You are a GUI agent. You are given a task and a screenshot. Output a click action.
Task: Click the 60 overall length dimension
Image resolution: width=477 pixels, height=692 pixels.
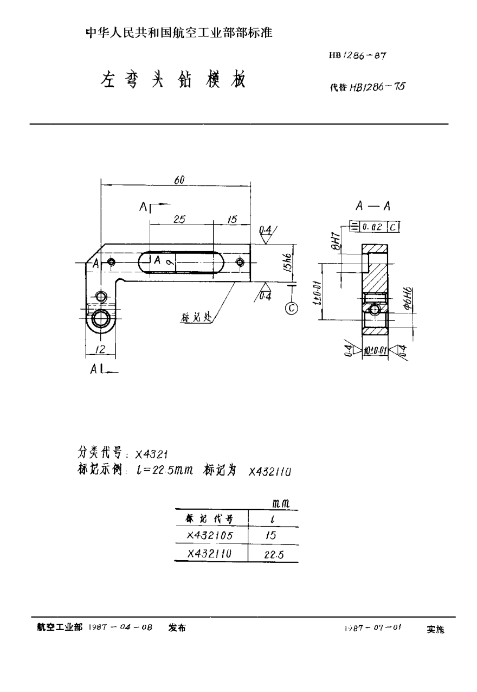pos(178,181)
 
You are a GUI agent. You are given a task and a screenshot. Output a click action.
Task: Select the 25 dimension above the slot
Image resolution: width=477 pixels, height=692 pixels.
pos(180,219)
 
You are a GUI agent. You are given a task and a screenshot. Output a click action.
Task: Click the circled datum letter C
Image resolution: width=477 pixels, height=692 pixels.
pos(292,308)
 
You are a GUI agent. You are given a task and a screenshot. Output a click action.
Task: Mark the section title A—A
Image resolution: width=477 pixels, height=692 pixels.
pos(373,206)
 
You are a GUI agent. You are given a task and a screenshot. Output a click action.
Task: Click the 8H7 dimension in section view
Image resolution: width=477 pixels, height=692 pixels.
pos(336,239)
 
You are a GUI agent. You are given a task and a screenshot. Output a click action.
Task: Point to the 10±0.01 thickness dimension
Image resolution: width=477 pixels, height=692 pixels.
pos(374,351)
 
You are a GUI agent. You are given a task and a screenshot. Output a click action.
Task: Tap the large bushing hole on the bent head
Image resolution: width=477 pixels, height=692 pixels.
pos(101,318)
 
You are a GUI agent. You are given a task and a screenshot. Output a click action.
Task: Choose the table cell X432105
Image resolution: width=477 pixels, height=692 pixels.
pos(210,535)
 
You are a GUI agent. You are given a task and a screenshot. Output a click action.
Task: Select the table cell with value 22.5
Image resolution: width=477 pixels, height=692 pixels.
pos(273,554)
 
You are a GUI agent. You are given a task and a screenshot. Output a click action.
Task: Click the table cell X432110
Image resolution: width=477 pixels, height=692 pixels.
pos(210,554)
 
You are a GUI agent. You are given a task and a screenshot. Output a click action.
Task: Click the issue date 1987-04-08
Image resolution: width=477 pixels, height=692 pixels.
pos(120,627)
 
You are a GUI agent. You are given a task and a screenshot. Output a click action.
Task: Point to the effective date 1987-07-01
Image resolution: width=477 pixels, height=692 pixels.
pos(372,628)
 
